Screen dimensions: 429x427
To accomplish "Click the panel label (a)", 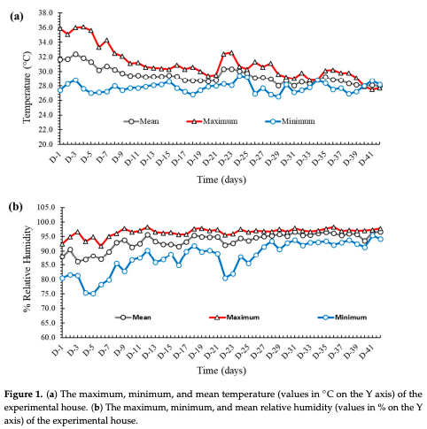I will pos(16,17).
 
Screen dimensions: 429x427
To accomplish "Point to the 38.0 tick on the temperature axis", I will pos(42,14).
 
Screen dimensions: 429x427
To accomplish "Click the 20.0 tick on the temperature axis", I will pos(42,143).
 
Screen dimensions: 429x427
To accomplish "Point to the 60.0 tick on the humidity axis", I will pos(42,336).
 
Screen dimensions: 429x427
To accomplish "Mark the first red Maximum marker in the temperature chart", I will pos(59,27).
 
